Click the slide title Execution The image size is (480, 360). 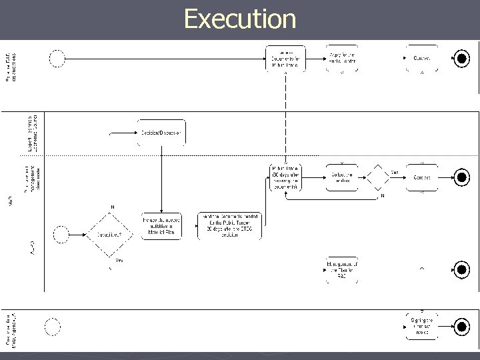(x=240, y=19)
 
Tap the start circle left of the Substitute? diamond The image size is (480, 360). (x=61, y=234)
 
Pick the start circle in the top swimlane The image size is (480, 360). (x=57, y=59)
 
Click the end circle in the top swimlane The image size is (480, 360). (x=461, y=59)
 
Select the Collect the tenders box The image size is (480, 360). (x=342, y=178)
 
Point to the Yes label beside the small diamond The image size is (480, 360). (x=395, y=173)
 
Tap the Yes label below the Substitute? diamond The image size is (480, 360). (x=119, y=261)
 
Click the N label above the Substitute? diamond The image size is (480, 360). (x=112, y=207)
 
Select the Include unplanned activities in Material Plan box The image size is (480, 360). (x=161, y=226)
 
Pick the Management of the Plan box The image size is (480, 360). (x=342, y=269)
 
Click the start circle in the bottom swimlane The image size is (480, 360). (x=52, y=326)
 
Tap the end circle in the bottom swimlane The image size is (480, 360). (x=461, y=326)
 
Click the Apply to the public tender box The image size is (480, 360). (x=342, y=59)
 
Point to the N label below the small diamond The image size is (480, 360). (x=382, y=196)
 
